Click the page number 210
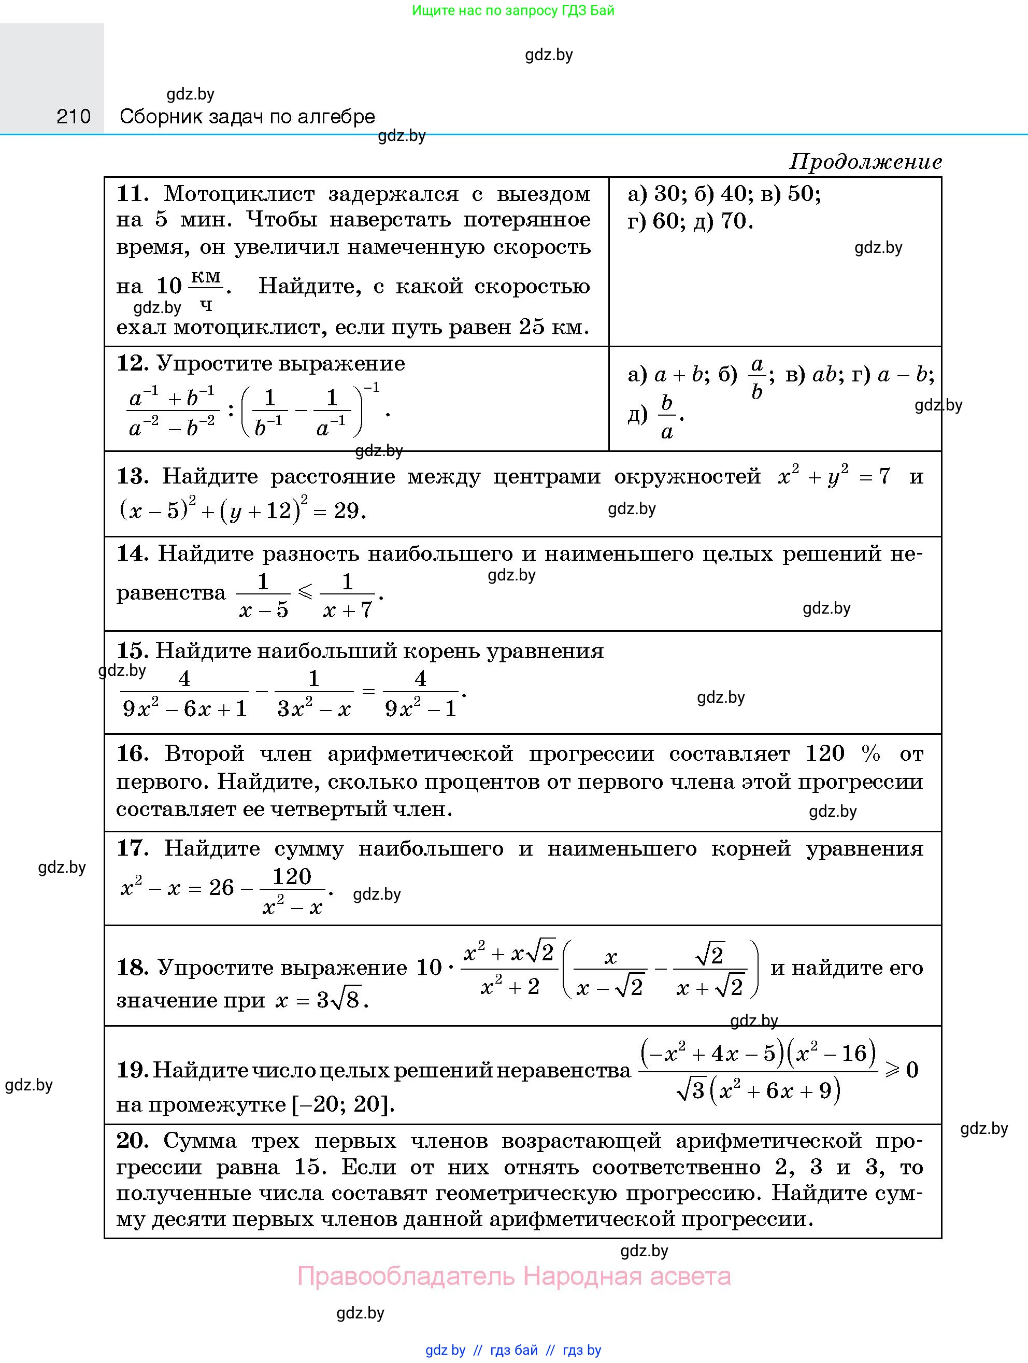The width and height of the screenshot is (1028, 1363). click(x=73, y=116)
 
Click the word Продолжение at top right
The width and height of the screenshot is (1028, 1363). click(x=865, y=162)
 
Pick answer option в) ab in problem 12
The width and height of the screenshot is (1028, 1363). click(x=811, y=374)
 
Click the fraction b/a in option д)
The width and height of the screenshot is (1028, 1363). click(x=667, y=417)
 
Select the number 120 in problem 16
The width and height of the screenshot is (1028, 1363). click(x=825, y=753)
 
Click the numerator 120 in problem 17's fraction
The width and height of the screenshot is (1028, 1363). click(x=292, y=876)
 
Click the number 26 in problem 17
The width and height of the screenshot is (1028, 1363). click(x=221, y=887)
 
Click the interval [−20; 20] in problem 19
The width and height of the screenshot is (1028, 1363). click(x=342, y=1103)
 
